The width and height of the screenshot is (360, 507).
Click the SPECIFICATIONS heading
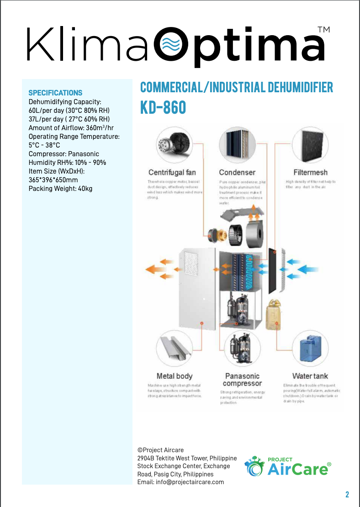[x=55, y=93]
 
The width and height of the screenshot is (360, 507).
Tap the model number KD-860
[x=163, y=107]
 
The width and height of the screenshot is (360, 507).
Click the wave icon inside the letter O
[x=172, y=45]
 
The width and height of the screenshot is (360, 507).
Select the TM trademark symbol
[x=323, y=30]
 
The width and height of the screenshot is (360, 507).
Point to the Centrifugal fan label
[x=172, y=172]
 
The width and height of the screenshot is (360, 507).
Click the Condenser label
[x=237, y=172]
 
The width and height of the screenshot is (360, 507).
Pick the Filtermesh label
[x=310, y=172]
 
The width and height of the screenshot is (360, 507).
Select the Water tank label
[x=310, y=376]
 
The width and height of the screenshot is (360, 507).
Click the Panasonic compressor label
[x=242, y=380]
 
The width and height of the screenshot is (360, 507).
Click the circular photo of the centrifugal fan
[x=174, y=144]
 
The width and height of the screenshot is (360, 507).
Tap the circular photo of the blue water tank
[x=310, y=349]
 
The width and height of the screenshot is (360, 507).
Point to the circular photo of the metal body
[x=174, y=349]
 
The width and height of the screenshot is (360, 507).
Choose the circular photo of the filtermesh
[x=310, y=144]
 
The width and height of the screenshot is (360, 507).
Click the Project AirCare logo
[x=288, y=466]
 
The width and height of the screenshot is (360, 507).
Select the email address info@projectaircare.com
[x=180, y=482]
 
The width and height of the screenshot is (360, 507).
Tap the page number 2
[x=347, y=495]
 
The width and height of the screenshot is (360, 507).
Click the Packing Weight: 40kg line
[x=60, y=188]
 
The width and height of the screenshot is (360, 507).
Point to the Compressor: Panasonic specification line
[x=64, y=154]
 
